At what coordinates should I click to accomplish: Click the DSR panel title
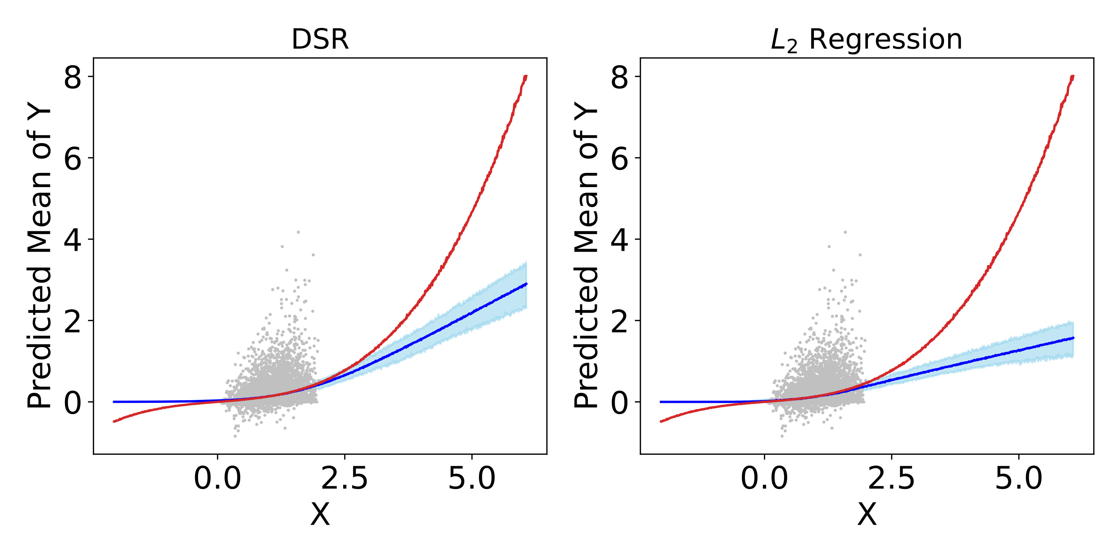tap(320, 40)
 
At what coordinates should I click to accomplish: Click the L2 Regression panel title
tap(866, 40)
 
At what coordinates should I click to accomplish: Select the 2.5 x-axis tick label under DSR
tap(345, 479)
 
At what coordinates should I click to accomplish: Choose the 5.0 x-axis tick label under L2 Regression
tap(1019, 479)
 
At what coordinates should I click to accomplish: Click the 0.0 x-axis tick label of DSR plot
tap(217, 479)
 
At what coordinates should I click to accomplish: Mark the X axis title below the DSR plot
tap(320, 515)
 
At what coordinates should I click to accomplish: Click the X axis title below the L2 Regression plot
tap(866, 515)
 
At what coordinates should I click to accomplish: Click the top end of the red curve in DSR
tap(526, 76)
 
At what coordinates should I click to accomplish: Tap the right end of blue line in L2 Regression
tap(1073, 338)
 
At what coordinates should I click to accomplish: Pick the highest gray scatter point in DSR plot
tap(298, 232)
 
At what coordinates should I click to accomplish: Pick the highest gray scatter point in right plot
tap(845, 232)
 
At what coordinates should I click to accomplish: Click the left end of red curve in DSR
tap(114, 421)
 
